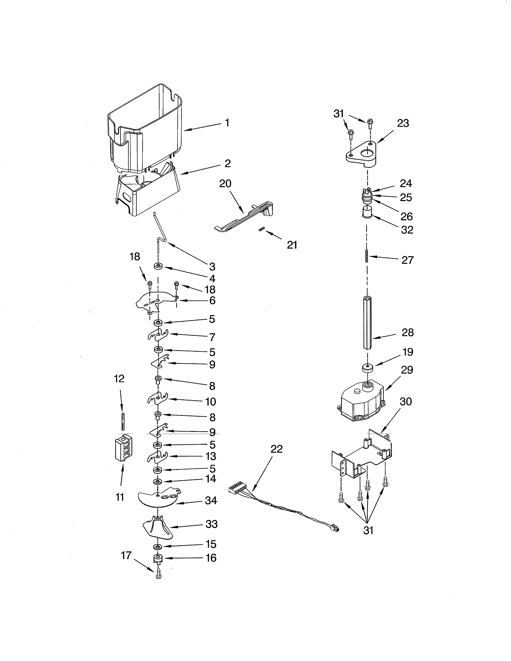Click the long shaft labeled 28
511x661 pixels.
coord(367,322)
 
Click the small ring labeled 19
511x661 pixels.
coord(367,369)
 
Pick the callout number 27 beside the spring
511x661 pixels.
coord(407,260)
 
